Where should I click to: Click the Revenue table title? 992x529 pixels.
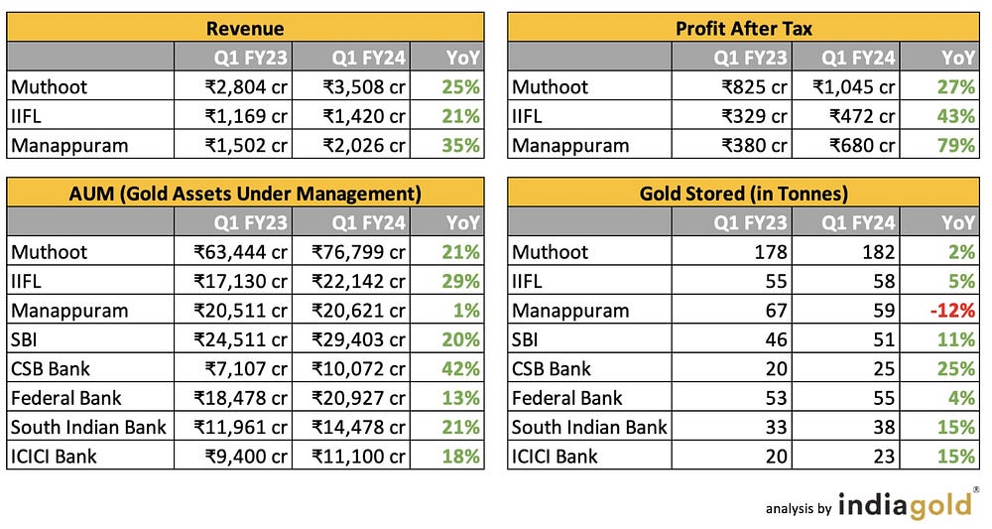click(245, 28)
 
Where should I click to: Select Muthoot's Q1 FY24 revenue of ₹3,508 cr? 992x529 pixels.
click(364, 86)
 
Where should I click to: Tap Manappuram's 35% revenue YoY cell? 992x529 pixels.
click(461, 145)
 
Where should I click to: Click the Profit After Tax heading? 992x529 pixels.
click(744, 28)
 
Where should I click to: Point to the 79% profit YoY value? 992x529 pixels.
click(956, 145)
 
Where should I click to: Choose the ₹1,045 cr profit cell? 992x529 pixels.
click(854, 86)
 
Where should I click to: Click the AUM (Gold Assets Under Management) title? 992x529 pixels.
click(245, 193)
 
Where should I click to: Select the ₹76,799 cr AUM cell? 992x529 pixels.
click(358, 251)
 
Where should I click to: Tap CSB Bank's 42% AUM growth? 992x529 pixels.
click(461, 368)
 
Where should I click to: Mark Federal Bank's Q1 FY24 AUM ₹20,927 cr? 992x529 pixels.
click(358, 398)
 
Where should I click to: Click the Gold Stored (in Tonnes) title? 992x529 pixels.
click(744, 193)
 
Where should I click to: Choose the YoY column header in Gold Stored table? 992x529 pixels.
click(958, 221)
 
